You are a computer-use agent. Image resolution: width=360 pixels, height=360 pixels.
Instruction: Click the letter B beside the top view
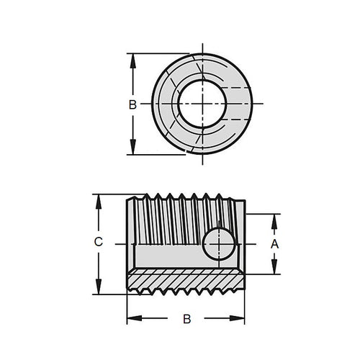(132, 105)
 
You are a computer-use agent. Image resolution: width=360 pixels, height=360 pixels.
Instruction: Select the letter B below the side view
(186, 318)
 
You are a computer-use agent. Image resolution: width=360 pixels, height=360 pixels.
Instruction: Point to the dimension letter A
(274, 244)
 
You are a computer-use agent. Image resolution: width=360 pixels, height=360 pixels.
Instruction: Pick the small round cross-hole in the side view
(218, 246)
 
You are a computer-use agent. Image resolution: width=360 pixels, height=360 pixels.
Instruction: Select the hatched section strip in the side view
(186, 278)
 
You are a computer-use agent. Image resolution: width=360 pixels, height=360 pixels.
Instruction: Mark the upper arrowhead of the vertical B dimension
(132, 58)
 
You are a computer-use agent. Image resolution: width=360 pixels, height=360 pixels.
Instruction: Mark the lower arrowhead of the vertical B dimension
(132, 149)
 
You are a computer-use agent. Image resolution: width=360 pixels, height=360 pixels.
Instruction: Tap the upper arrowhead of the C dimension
(99, 199)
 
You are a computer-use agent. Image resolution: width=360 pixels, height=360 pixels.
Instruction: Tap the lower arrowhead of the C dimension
(99, 289)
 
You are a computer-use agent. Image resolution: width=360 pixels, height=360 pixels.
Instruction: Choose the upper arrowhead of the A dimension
(274, 219)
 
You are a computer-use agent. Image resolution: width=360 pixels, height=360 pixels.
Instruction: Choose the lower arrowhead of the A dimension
(274, 269)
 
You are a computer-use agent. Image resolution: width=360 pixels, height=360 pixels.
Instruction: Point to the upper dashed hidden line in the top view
(238, 87)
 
